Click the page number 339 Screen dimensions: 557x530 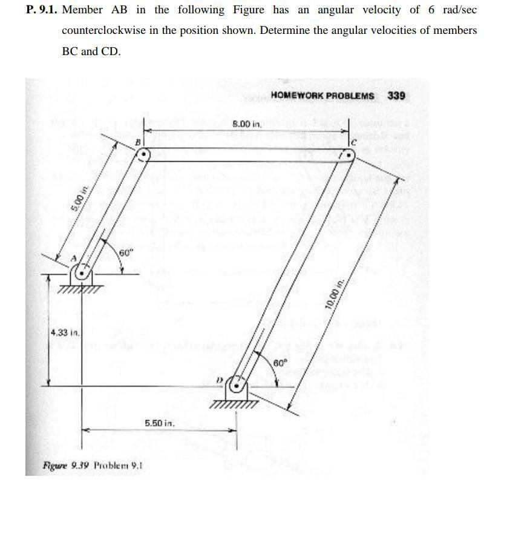[x=396, y=96]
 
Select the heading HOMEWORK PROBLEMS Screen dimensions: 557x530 [x=322, y=96]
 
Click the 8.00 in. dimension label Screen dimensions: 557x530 [x=246, y=124]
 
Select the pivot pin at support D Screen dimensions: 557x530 [x=238, y=386]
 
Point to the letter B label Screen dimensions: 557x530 [x=137, y=142]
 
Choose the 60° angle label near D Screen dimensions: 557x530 [x=280, y=363]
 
